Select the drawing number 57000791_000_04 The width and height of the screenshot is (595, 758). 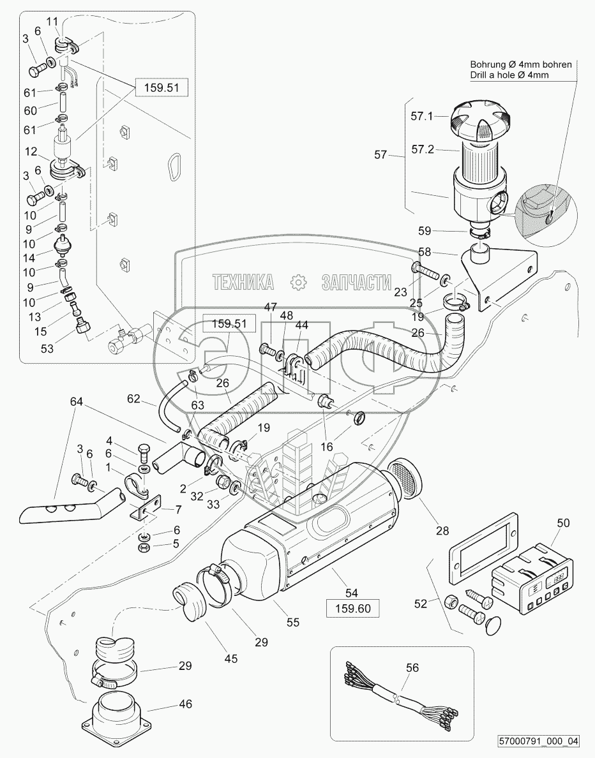[539, 741]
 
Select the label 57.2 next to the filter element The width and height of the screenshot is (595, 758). [421, 150]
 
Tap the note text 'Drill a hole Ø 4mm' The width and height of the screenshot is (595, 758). [509, 75]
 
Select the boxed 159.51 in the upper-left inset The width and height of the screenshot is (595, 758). [162, 88]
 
